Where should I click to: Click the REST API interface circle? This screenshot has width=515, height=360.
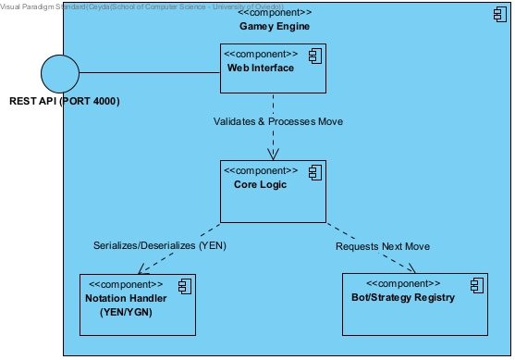click(x=60, y=72)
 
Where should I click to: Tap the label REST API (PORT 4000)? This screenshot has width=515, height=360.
click(x=65, y=101)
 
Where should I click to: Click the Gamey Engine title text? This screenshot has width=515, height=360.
click(x=275, y=27)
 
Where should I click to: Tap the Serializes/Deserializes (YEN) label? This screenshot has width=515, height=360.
click(x=160, y=246)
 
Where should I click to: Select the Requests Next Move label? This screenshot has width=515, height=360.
click(x=383, y=246)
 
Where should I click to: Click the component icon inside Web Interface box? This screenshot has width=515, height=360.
click(x=313, y=56)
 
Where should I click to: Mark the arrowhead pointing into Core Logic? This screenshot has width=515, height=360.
click(x=274, y=154)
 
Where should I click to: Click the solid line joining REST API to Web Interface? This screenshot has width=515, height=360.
click(x=149, y=72)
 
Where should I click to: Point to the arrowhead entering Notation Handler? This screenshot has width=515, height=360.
click(x=143, y=269)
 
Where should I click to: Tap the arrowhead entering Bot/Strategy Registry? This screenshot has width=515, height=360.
click(x=408, y=269)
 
